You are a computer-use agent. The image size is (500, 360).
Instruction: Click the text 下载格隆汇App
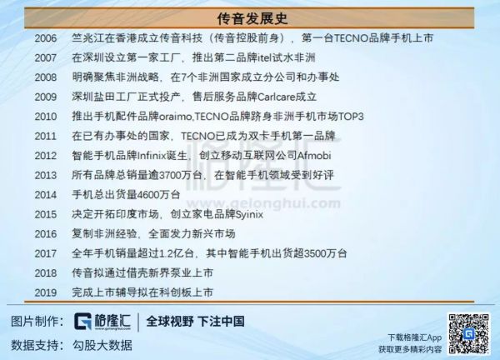pos(416,337)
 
